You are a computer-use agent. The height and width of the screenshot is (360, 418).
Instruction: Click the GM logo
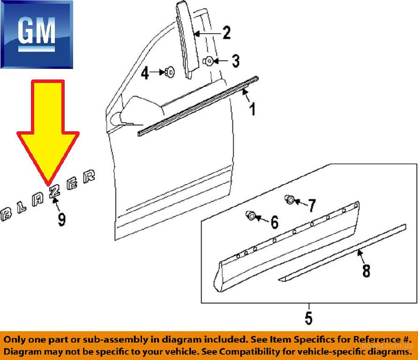pyautogui.click(x=37, y=34)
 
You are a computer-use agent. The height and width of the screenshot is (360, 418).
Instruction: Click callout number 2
pyautogui.click(x=227, y=33)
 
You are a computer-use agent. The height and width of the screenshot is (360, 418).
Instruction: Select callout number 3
pyautogui.click(x=236, y=61)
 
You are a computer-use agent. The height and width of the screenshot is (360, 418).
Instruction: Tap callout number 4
pyautogui.click(x=145, y=73)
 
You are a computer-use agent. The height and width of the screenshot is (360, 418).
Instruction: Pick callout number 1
pyautogui.click(x=253, y=109)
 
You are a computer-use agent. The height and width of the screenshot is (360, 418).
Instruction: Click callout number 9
pyautogui.click(x=61, y=219)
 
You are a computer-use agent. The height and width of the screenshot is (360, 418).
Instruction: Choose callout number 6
pyautogui.click(x=275, y=222)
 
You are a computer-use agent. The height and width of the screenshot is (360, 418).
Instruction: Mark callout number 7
pyautogui.click(x=312, y=206)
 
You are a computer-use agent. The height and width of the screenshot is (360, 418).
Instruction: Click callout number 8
pyautogui.click(x=366, y=270)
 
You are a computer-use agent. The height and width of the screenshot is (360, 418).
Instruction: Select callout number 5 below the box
pyautogui.click(x=308, y=318)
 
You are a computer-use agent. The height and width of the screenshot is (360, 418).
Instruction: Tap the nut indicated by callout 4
pyautogui.click(x=170, y=72)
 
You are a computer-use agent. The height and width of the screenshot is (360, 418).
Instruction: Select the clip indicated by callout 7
pyautogui.click(x=290, y=199)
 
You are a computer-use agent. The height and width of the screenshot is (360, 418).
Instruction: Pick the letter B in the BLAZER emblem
pyautogui.click(x=6, y=214)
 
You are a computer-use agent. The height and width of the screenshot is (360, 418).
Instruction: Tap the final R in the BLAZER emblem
pyautogui.click(x=89, y=176)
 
